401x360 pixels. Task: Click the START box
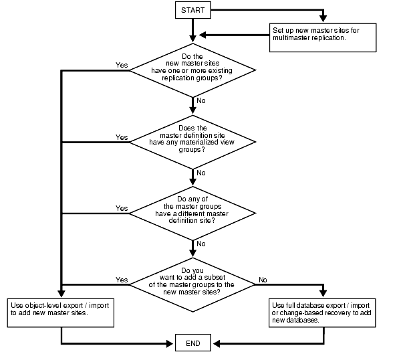tap(192, 10)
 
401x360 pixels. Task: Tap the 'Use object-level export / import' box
tap(61, 313)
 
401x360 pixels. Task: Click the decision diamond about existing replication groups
tap(192, 68)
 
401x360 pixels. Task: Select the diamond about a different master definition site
tap(192, 211)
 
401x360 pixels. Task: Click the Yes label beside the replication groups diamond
tap(122, 66)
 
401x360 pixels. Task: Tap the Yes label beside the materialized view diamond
tap(122, 137)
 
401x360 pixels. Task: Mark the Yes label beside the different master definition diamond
tap(122, 208)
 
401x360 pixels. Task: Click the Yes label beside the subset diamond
tap(122, 280)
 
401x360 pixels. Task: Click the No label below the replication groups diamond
tap(200, 100)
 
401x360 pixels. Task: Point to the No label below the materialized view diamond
tap(200, 172)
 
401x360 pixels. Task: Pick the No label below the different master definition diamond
tap(200, 244)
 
